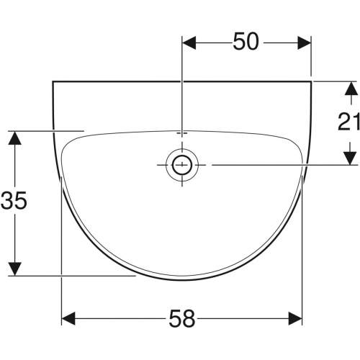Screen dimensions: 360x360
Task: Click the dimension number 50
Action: click(246, 42)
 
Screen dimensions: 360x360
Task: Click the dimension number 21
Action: click(348, 122)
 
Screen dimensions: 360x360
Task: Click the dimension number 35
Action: click(14, 200)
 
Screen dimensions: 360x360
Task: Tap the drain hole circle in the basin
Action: click(182, 165)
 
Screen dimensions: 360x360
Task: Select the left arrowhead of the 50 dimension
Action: click(189, 43)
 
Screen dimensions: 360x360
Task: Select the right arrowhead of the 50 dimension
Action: click(304, 43)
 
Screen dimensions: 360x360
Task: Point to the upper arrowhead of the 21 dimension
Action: click(351, 89)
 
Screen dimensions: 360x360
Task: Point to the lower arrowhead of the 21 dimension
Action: click(351, 158)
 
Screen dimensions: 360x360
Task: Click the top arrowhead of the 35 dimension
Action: click(15, 138)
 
